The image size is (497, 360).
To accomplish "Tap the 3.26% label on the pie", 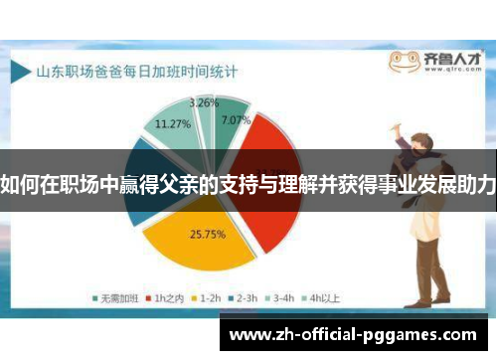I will click(204, 102).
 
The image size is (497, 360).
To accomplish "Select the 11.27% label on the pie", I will click(173, 124).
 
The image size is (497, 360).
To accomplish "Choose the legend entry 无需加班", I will click(115, 296).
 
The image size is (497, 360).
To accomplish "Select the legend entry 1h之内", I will click(164, 296).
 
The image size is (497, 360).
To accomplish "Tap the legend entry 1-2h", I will click(207, 296).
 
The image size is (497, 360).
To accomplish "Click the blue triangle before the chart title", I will click(21, 72).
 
